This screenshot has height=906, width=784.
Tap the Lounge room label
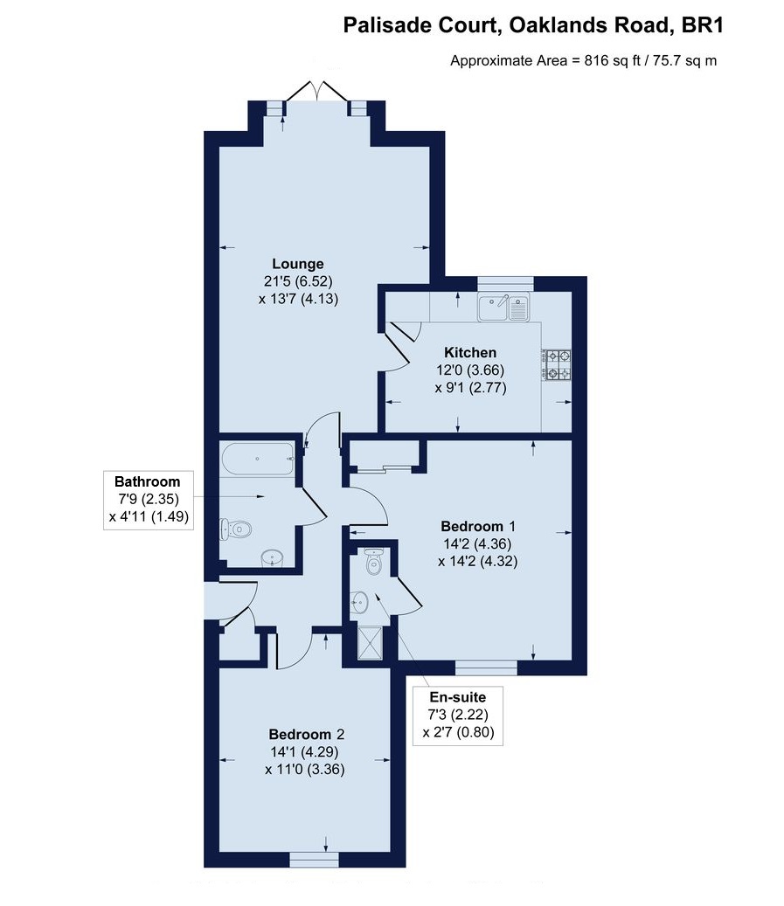pyautogui.click(x=297, y=263)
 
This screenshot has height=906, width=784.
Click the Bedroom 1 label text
pyautogui.click(x=478, y=526)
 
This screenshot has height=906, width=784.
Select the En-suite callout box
pyautogui.click(x=457, y=715)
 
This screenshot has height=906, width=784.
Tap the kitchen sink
pyautogui.click(x=504, y=307)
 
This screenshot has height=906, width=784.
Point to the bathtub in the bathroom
pyautogui.click(x=257, y=458)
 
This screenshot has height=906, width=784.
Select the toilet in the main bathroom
pyautogui.click(x=236, y=528)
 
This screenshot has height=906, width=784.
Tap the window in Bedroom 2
pyautogui.click(x=314, y=861)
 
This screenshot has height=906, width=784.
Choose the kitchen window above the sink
pyautogui.click(x=505, y=281)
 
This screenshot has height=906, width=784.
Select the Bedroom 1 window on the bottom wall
pyautogui.click(x=486, y=667)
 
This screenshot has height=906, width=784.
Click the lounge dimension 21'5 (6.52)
pyautogui.click(x=298, y=280)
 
